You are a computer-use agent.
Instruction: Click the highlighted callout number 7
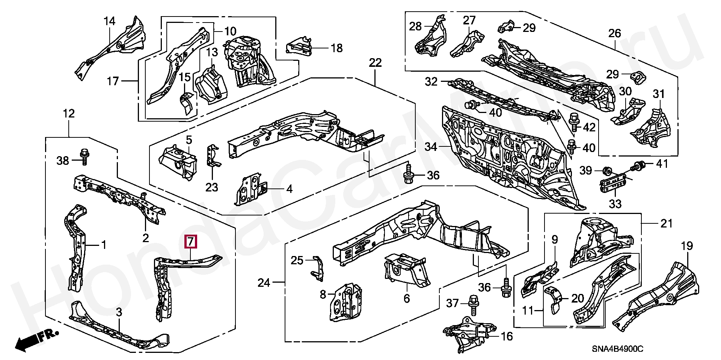(191, 241)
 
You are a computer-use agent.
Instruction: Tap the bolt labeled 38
(84, 157)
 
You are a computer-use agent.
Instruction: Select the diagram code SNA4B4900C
(618, 349)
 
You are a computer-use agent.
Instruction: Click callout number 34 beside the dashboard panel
(431, 147)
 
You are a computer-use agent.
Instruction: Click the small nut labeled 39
(605, 171)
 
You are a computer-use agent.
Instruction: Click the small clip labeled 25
(318, 268)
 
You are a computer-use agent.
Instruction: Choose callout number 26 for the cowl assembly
(615, 33)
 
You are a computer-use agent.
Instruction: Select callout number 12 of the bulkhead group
(69, 113)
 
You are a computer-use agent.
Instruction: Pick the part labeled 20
(554, 299)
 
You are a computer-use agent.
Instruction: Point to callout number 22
(375, 63)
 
